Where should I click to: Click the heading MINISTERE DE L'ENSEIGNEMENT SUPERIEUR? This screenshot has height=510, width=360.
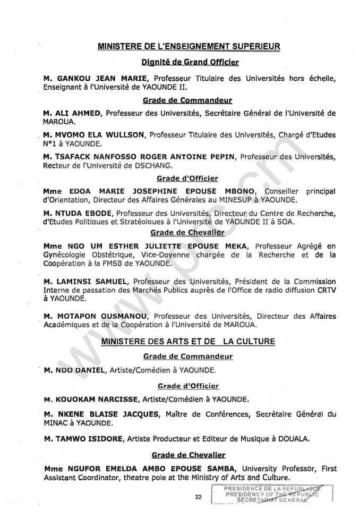click(188, 47)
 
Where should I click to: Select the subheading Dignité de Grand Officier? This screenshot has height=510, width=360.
click(190, 63)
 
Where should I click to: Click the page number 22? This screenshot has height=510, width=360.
click(199, 497)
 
